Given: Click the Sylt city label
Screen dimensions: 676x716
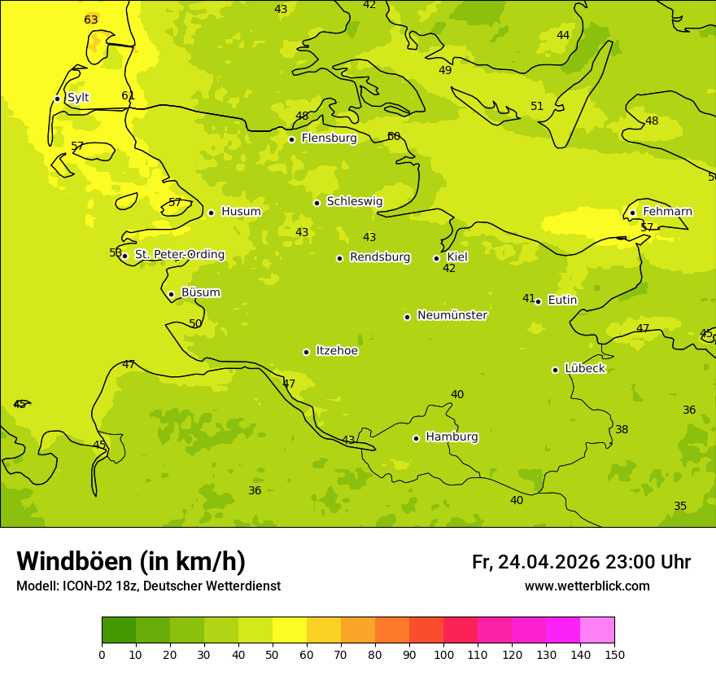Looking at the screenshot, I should point(78,98).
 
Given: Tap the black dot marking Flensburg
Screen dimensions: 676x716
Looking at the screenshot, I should point(291,139).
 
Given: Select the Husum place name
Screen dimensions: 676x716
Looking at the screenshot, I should point(241,212).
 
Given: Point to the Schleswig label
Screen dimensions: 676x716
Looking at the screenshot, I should point(354,201).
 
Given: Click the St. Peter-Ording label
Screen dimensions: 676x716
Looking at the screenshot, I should point(179,255).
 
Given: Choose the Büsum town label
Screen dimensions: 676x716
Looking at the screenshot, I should point(200,292).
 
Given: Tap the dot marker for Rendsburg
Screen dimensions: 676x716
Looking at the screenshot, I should point(339,258).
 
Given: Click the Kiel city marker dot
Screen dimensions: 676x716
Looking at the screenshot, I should point(437,258).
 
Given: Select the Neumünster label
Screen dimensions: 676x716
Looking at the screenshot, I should point(452,315).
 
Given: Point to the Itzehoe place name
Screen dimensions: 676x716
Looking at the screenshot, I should point(337,351).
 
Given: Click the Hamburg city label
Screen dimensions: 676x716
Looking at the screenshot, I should point(452,437).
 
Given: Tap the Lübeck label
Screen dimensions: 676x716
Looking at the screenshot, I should point(584,369).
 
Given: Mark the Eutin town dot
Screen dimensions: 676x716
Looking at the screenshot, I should point(538,301).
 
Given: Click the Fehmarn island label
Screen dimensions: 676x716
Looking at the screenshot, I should point(667,212).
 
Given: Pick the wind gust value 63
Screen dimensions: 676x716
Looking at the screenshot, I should point(91,20).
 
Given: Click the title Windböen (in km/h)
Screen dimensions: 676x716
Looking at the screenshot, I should point(131,561).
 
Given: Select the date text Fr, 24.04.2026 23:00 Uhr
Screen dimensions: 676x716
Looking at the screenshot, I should point(581,562).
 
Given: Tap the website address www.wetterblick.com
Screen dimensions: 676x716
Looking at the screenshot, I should point(587,586).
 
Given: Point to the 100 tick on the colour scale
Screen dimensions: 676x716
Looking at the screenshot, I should point(443,654).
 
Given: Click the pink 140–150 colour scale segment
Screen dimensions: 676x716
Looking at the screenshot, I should point(597,630).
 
